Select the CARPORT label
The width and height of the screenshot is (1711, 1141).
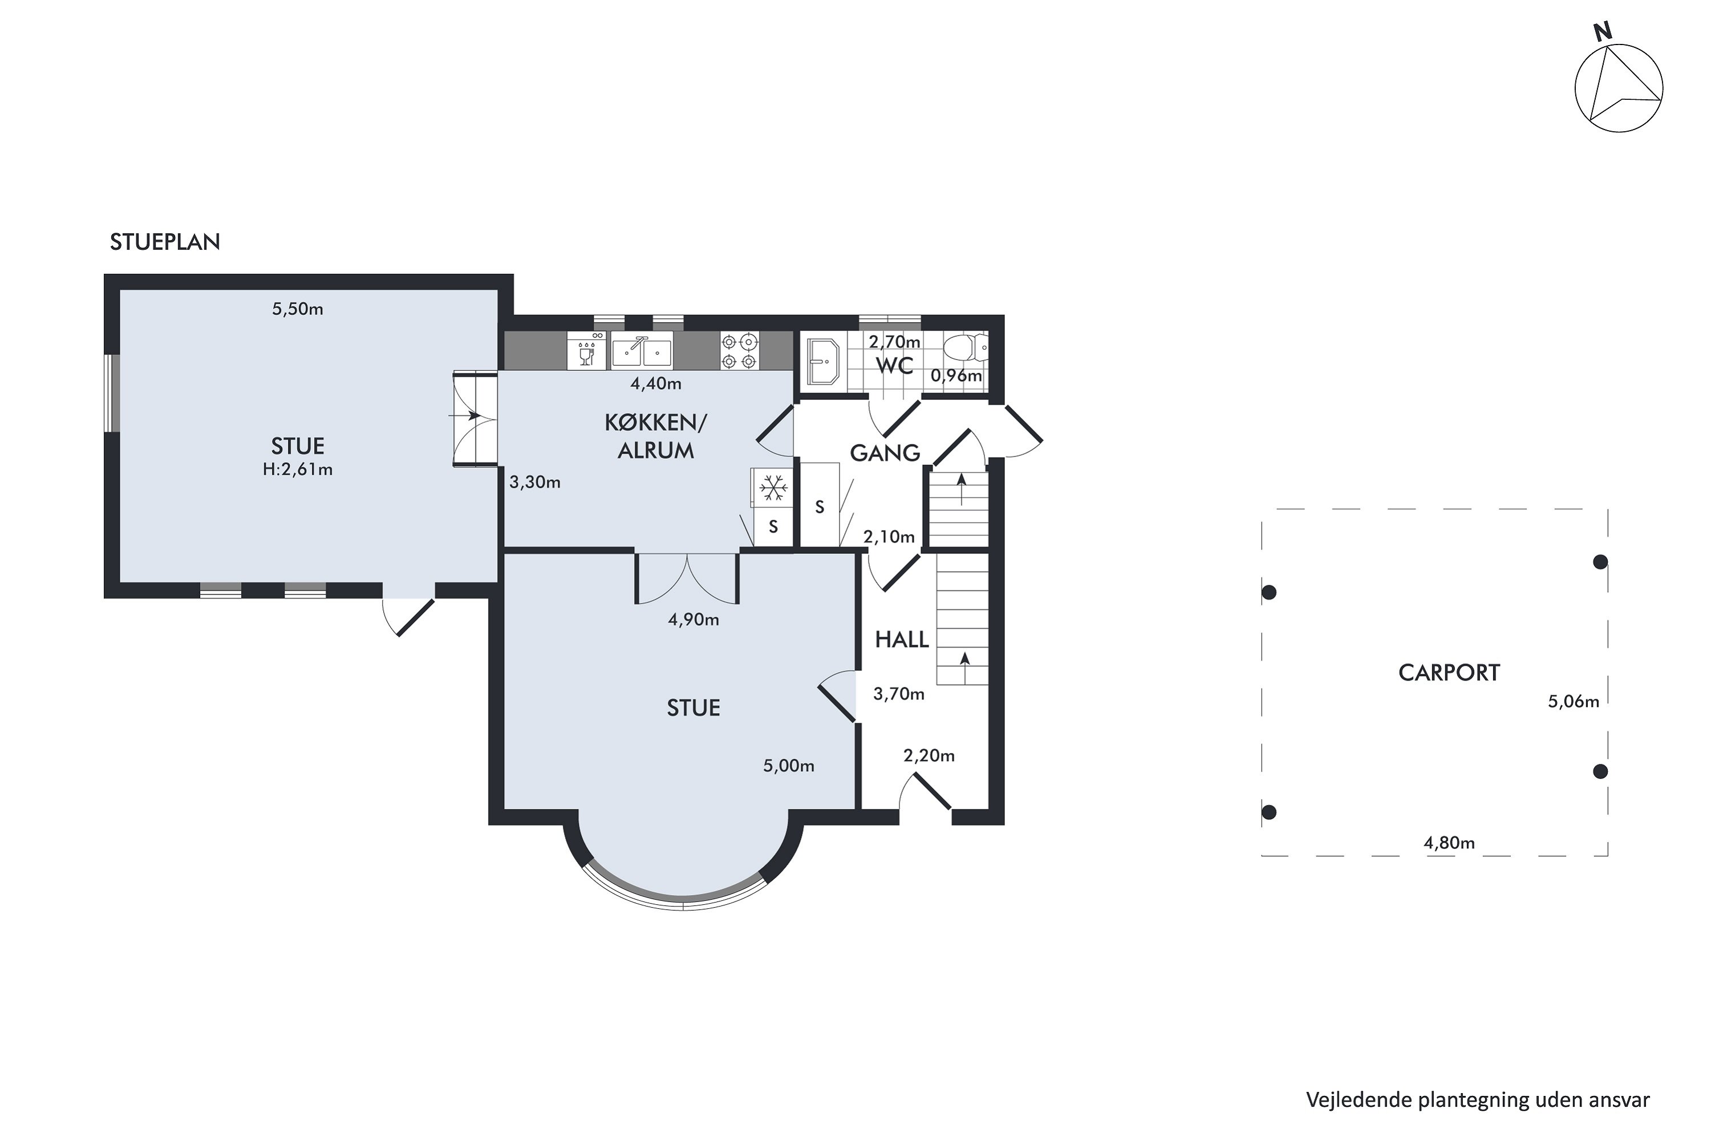tap(1449, 673)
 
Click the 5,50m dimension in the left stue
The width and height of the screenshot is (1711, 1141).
tap(298, 309)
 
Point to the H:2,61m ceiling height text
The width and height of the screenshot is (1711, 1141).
tap(298, 470)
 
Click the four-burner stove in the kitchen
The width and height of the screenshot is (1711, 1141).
tap(739, 351)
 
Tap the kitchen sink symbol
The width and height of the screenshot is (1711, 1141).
tap(641, 351)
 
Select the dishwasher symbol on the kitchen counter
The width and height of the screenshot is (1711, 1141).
tap(586, 351)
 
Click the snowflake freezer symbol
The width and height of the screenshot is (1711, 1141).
tap(773, 488)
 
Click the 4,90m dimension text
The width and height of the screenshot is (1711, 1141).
tap(694, 620)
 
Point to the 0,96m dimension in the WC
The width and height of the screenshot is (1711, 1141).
tap(956, 376)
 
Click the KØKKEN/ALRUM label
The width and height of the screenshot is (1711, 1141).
tap(655, 436)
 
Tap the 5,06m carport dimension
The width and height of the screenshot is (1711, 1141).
tap(1574, 702)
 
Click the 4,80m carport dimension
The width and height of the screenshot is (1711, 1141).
tap(1449, 843)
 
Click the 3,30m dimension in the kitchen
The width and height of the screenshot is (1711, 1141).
tap(535, 483)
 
